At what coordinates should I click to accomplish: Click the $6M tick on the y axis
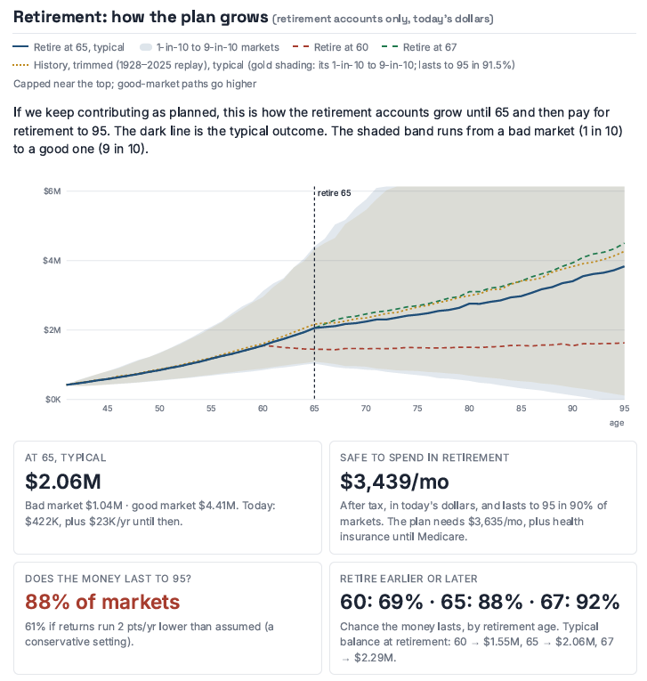pos(53,191)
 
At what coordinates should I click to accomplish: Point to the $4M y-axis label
pos(53,261)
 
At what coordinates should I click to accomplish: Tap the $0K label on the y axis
pos(53,399)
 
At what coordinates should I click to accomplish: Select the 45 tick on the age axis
pos(108,409)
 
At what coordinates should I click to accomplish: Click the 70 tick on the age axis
pos(366,409)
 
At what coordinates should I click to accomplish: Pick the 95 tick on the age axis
pos(624,409)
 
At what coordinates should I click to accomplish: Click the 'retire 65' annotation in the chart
pos(334,193)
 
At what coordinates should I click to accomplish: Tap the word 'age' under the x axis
pos(616,423)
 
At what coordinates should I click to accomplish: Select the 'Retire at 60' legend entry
pos(330,47)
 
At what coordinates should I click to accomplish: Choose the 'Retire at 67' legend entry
pos(419,47)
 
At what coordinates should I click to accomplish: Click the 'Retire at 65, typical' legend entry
pos(69,47)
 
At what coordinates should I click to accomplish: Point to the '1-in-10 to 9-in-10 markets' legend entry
pos(209,47)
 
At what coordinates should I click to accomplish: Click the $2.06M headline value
pos(63,482)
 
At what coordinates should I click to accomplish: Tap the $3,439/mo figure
pos(394,482)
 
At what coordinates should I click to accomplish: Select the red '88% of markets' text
pos(102,602)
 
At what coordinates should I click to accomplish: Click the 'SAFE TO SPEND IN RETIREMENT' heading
pos(425,458)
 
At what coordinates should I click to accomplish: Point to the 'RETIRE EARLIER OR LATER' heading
pos(408,579)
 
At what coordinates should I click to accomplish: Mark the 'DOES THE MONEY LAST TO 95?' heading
pos(108,579)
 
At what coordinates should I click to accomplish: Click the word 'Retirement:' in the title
pos(60,17)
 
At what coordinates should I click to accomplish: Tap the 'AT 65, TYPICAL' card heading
pos(66,458)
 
